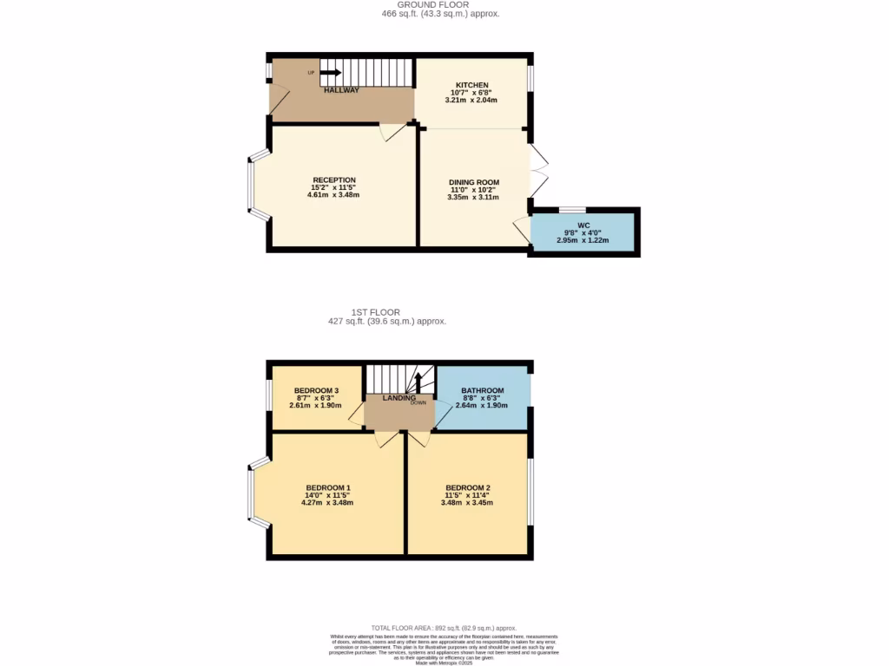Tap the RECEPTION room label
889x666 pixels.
coord(333,180)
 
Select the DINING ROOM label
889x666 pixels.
coord(473,182)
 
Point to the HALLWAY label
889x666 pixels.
coord(341,90)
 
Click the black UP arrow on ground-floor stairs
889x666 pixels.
coord(330,73)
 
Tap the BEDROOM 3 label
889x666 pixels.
coord(316,390)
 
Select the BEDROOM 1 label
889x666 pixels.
coord(327,487)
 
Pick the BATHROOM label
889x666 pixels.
coord(482,390)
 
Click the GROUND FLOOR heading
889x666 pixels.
coord(440,4)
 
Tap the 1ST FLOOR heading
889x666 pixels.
coord(375,311)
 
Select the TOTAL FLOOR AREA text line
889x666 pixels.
coord(444,628)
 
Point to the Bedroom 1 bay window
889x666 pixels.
coord(251,493)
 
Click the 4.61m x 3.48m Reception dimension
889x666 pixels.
coord(333,195)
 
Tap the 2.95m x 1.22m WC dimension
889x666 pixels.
coord(583,240)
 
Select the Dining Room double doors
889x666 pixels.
coord(538,170)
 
